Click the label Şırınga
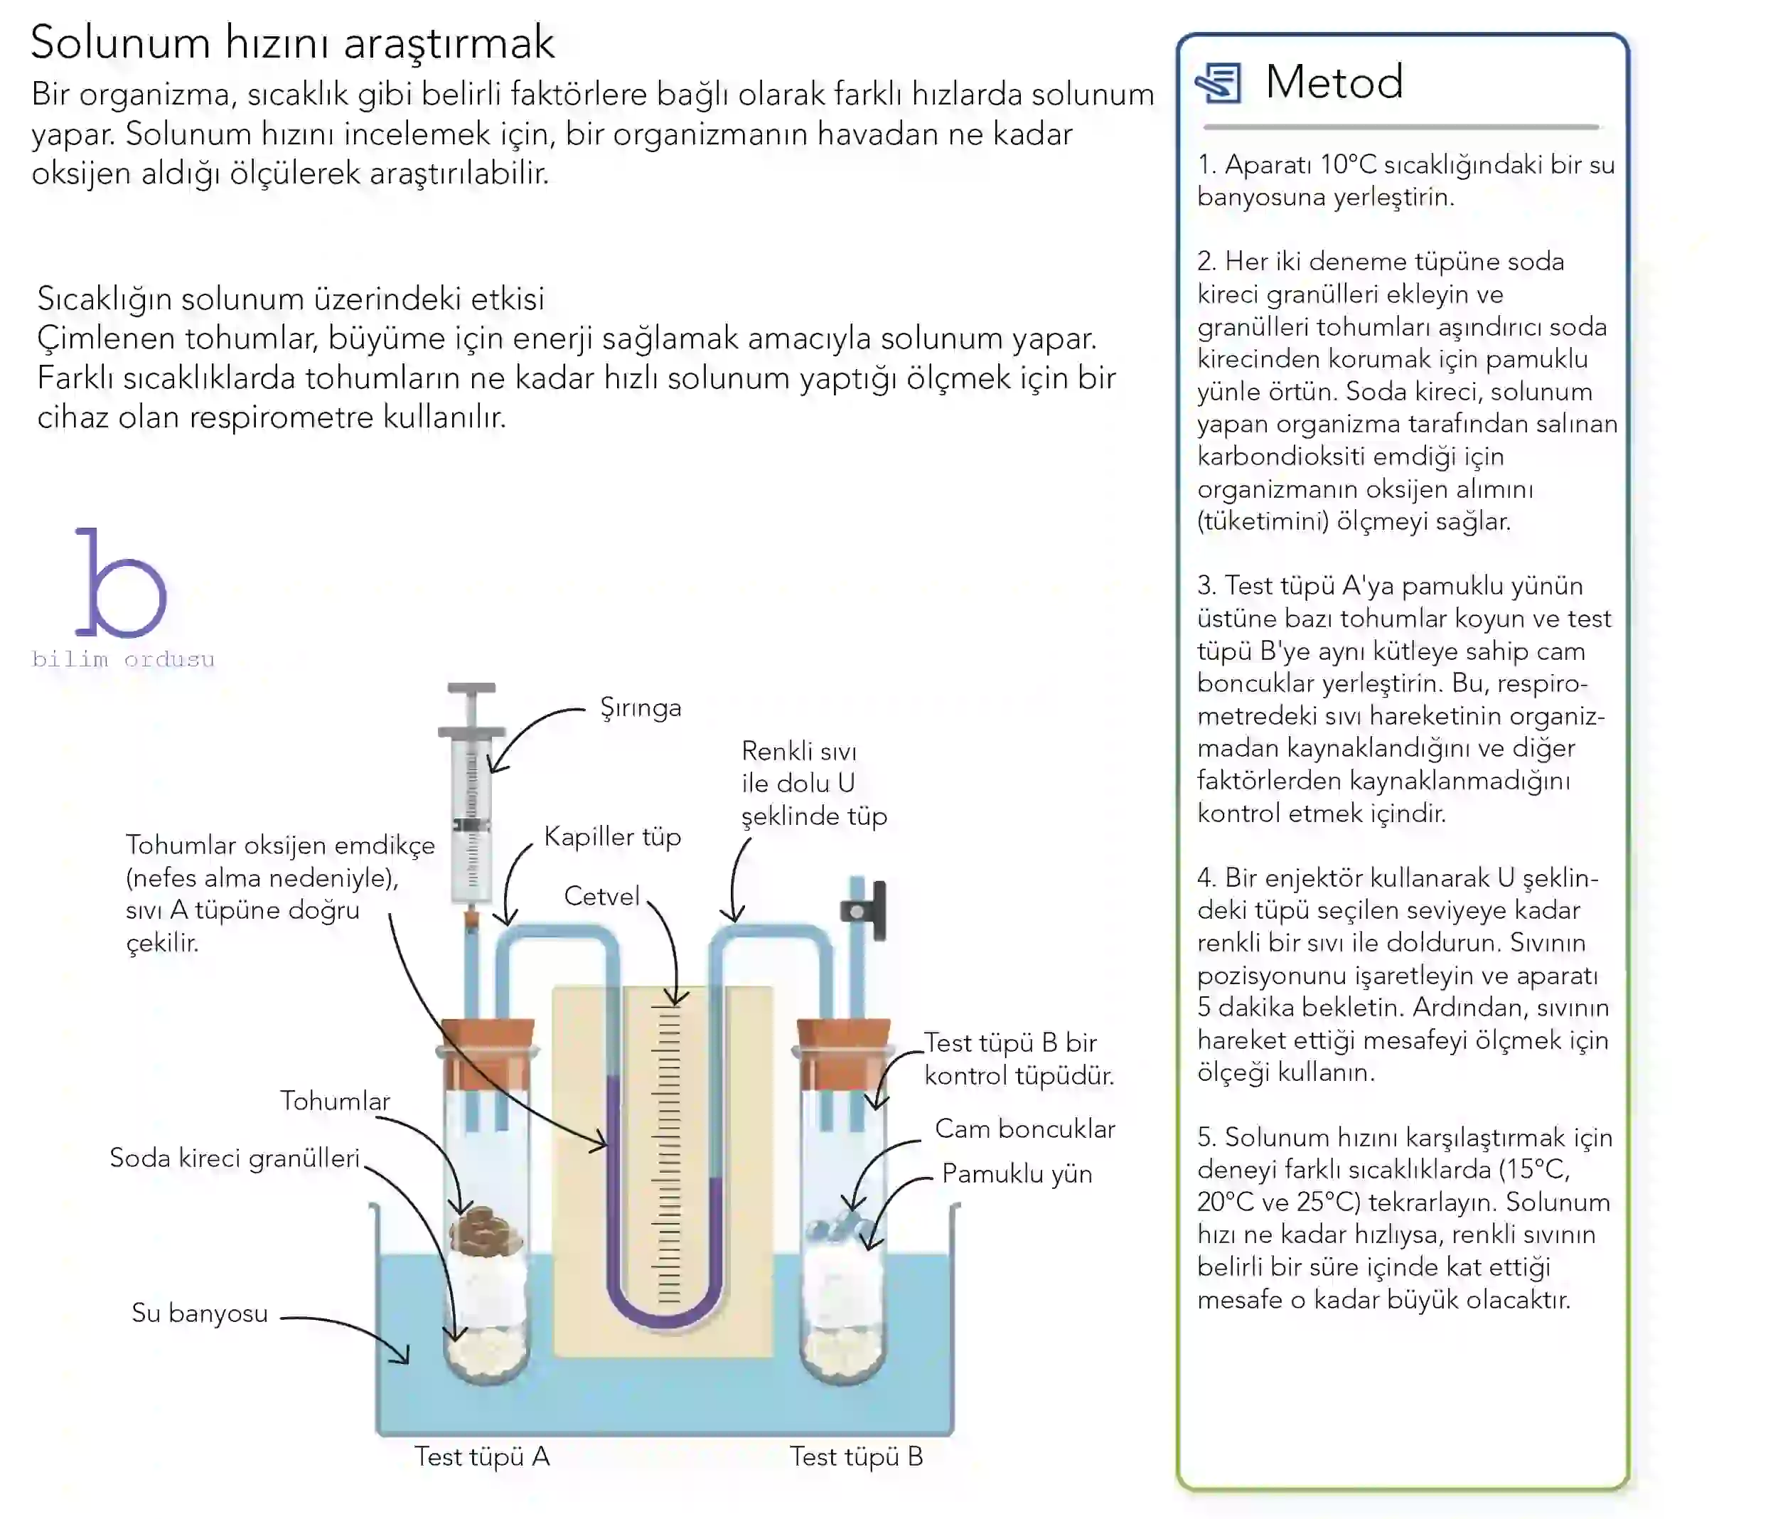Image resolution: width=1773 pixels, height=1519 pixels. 640,708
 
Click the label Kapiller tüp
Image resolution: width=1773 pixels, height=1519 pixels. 613,836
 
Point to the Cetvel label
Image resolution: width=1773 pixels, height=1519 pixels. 601,896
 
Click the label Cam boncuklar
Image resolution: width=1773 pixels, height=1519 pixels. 1024,1129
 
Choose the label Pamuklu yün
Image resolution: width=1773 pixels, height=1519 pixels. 1017,1173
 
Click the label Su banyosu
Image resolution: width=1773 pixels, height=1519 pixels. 199,1313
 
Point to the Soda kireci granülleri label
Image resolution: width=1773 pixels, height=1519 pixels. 235,1158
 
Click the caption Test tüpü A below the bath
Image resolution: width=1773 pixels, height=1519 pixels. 482,1456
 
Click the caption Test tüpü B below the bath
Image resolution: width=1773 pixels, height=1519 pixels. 856,1456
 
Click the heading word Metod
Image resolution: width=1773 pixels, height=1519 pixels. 1334,82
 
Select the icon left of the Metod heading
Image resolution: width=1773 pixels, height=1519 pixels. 1218,83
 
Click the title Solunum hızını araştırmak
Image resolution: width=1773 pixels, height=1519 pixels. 293,43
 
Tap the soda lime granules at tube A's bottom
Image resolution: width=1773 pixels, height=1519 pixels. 486,1355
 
